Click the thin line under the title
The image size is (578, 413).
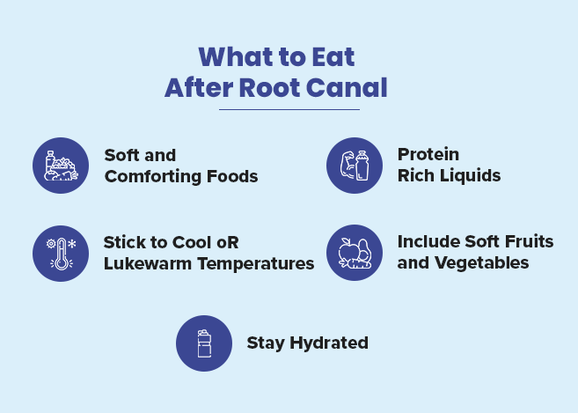[289, 109]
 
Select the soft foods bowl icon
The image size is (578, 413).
[61, 165]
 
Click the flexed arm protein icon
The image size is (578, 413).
[354, 165]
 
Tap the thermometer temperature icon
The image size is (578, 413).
[61, 253]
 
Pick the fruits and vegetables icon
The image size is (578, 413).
[354, 253]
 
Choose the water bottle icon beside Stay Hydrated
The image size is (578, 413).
[204, 343]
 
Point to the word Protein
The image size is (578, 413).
[428, 154]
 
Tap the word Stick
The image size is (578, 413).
[124, 241]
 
